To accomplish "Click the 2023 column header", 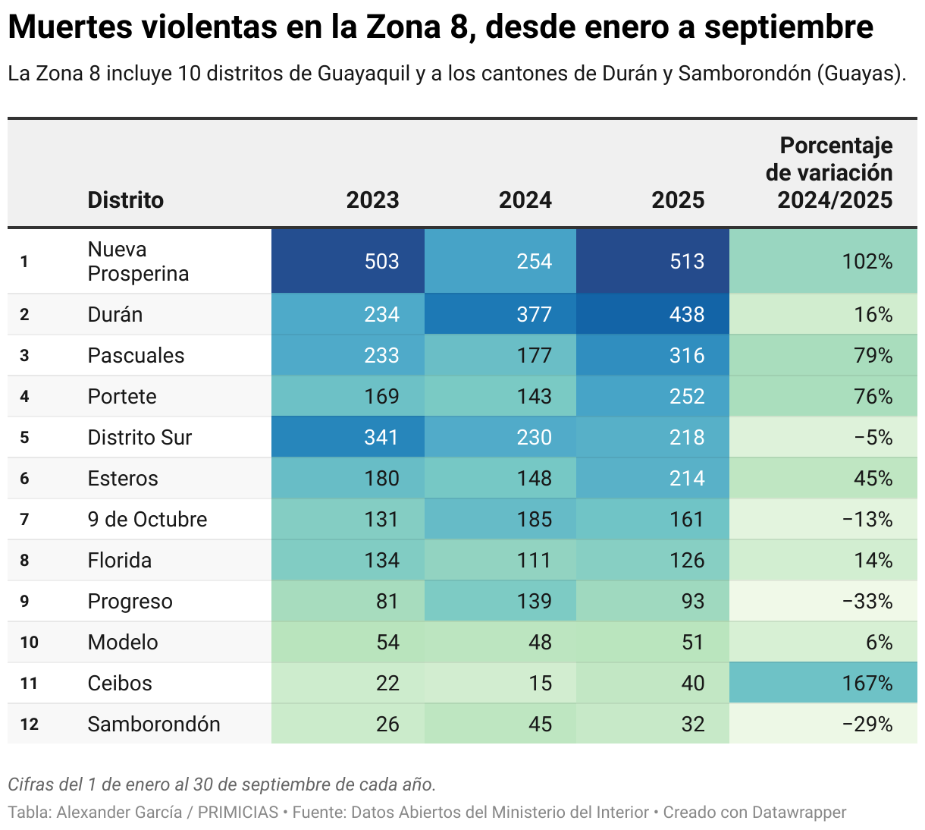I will tap(372, 200).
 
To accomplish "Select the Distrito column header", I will tap(125, 200).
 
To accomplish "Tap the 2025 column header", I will tap(678, 200).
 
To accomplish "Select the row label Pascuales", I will tap(136, 355).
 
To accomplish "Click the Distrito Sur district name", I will tap(140, 437).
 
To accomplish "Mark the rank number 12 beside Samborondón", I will tap(29, 724).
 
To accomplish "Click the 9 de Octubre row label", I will tap(147, 519).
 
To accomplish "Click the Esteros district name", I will tap(123, 478).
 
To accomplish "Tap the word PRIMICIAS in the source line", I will tap(238, 812).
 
